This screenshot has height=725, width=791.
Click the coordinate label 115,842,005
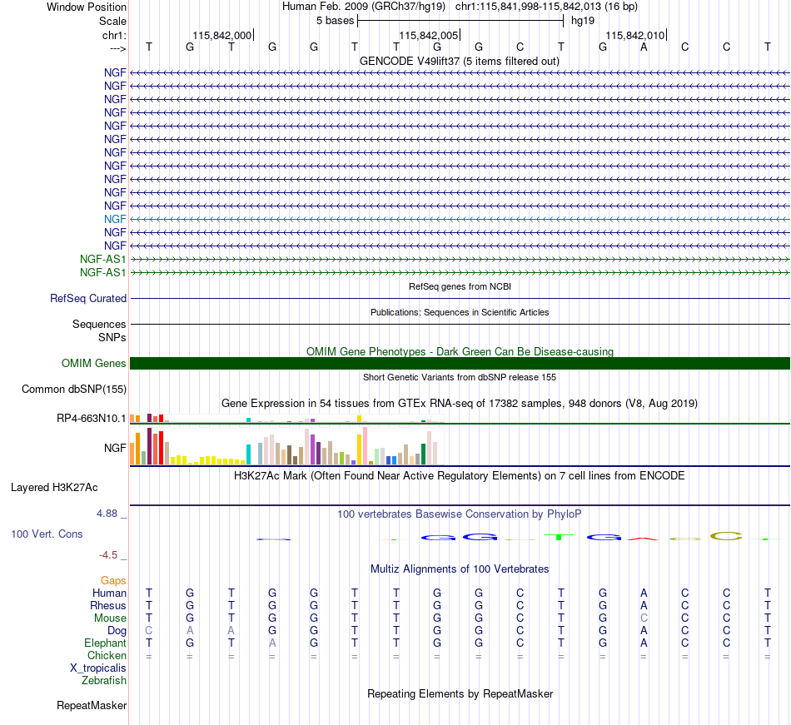click(428, 35)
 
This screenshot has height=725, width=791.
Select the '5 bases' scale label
click(336, 21)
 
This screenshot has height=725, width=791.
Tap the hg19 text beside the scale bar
click(583, 21)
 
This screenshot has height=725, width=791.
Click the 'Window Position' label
click(87, 7)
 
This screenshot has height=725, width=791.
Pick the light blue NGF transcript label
click(115, 219)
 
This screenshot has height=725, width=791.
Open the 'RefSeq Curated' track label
click(88, 299)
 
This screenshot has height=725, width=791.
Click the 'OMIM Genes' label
click(94, 364)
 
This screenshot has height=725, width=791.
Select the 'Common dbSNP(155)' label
click(74, 390)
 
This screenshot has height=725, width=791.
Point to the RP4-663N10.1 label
click(92, 419)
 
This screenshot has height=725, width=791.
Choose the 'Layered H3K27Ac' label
click(54, 488)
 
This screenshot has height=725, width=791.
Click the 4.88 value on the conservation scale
click(107, 514)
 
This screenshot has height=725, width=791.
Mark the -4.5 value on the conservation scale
click(108, 555)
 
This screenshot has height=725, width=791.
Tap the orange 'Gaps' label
click(113, 581)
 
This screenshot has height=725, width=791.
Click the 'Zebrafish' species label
click(104, 681)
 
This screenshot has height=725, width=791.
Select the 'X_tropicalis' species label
click(98, 668)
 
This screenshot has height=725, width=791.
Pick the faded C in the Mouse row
click(644, 618)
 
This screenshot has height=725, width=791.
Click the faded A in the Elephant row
click(272, 643)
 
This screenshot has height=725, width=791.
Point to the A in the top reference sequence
click(644, 47)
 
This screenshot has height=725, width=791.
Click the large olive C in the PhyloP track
click(726, 536)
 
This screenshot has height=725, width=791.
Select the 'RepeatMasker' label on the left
click(92, 705)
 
